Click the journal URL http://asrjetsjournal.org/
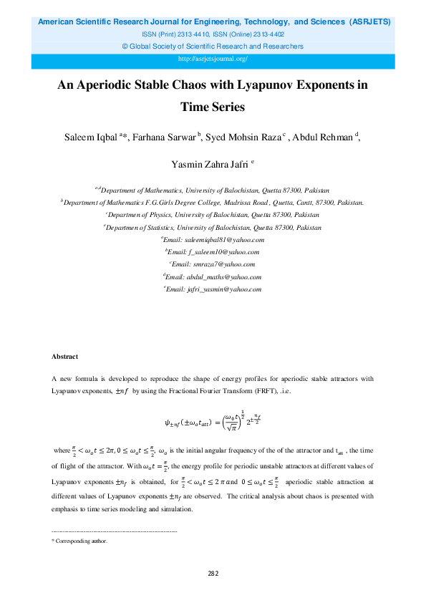(213, 58)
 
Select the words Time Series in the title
(213, 107)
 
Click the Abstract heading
(65, 357)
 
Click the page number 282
(213, 574)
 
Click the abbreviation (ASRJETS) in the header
(369, 23)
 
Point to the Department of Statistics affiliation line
(213, 227)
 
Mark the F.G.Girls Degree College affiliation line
(213, 203)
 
